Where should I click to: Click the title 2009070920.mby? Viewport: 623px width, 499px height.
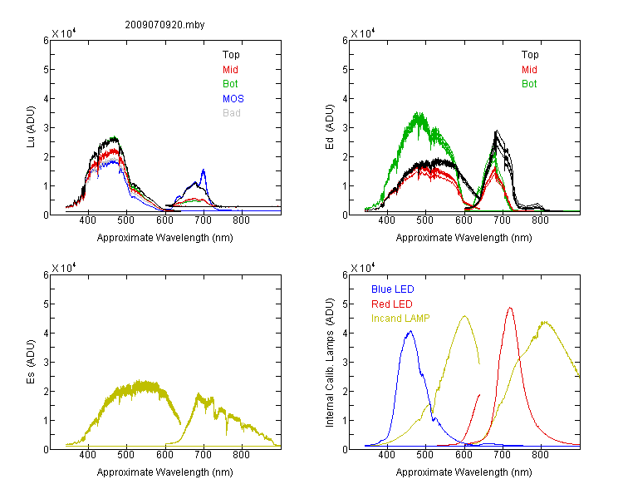(x=164, y=25)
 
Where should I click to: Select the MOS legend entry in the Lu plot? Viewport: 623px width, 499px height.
(x=233, y=99)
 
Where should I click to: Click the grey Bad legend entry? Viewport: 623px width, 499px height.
(x=232, y=113)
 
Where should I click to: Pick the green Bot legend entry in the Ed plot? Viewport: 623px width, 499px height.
(x=529, y=84)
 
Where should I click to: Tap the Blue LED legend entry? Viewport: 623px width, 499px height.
(x=393, y=289)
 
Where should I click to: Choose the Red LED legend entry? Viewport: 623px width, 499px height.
(x=392, y=304)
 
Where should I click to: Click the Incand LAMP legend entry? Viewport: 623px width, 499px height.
(x=400, y=319)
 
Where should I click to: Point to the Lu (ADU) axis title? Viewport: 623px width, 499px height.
(x=31, y=127)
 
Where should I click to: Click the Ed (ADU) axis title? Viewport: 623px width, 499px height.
(x=330, y=127)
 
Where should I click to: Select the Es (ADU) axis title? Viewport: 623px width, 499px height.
(x=31, y=362)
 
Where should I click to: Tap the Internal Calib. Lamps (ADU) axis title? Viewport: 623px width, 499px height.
(x=330, y=363)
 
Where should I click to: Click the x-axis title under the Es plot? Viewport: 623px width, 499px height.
(x=165, y=472)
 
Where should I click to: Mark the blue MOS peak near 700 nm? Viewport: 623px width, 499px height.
(x=204, y=170)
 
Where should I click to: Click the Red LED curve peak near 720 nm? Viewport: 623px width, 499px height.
(x=510, y=308)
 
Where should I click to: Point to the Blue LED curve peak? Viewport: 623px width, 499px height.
(x=411, y=331)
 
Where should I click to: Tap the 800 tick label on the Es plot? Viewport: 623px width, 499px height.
(x=241, y=455)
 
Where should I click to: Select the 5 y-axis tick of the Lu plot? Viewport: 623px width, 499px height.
(x=46, y=70)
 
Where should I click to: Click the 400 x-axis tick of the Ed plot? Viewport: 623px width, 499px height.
(x=387, y=220)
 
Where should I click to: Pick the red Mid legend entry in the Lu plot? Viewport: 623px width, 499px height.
(x=230, y=70)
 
